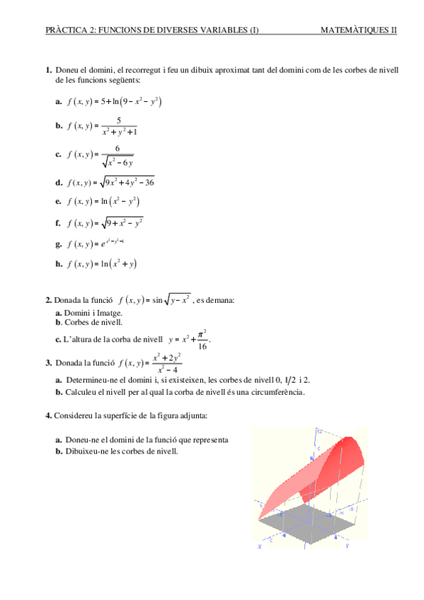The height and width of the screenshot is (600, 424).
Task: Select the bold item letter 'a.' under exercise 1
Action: tap(58, 102)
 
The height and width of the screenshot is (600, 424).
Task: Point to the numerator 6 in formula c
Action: tap(117, 148)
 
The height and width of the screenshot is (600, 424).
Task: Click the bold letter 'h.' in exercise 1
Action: tap(58, 265)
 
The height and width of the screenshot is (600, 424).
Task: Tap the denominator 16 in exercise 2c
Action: tap(201, 346)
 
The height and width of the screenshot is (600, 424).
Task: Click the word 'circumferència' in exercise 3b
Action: tap(280, 392)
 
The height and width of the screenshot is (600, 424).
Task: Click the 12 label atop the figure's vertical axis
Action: tap(321, 430)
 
